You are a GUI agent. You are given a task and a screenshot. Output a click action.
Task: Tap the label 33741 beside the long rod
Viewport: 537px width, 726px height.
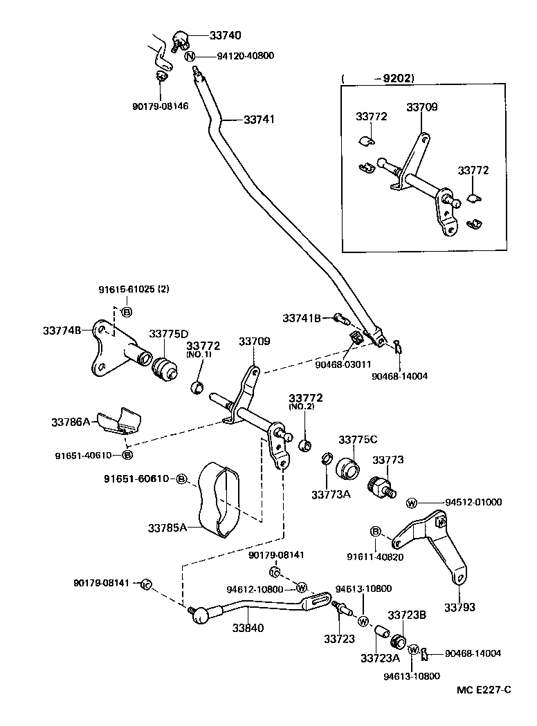coord(258,119)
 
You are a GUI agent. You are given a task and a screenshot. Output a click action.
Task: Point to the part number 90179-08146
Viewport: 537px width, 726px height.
coord(160,106)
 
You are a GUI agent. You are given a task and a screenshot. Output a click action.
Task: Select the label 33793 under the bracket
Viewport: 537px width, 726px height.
coord(460,607)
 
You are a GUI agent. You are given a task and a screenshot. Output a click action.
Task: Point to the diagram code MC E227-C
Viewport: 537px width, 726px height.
coord(483,689)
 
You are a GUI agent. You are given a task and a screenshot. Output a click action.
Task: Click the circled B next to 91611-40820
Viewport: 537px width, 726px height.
coord(376,531)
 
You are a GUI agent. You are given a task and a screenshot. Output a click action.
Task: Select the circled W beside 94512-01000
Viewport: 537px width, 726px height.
coord(412,503)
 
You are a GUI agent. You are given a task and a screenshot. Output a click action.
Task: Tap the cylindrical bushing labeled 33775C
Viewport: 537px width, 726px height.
coord(347,469)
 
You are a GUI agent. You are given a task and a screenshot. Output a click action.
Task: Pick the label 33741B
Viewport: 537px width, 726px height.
coord(302,317)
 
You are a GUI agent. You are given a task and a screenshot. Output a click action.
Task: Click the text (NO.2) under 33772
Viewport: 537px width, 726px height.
coord(305,408)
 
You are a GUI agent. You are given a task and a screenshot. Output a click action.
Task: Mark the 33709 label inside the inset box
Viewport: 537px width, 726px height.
coord(421,107)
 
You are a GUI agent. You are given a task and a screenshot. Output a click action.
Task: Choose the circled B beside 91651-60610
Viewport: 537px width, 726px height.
coord(181,479)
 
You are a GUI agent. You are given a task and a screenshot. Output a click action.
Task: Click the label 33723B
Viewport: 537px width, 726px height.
coord(406,614)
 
